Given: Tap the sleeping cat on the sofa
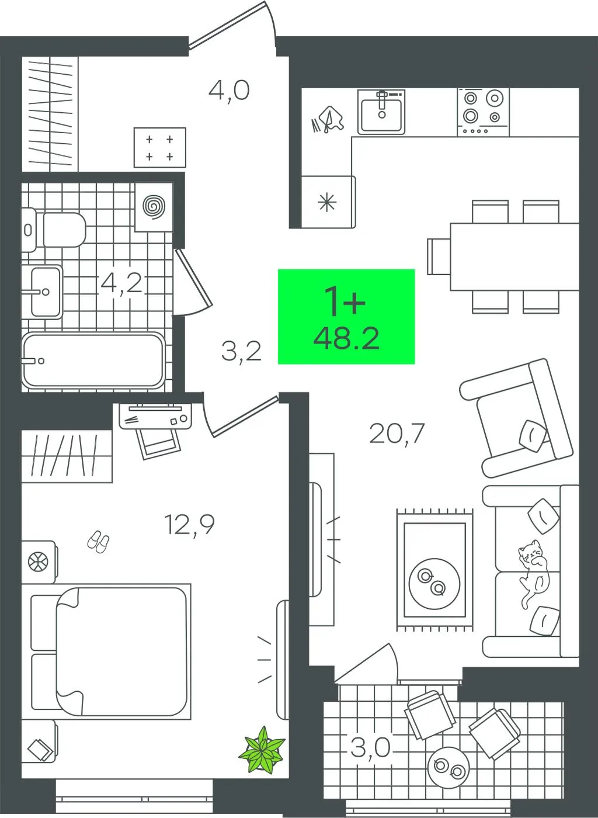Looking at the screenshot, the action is pyautogui.click(x=534, y=574).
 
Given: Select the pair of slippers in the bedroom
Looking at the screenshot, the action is pyautogui.click(x=98, y=541).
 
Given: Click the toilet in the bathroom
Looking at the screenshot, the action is pyautogui.click(x=54, y=230).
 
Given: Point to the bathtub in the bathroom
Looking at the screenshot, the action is pyautogui.click(x=93, y=361).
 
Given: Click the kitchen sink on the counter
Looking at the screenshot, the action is pyautogui.click(x=381, y=112).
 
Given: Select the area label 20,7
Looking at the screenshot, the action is pyautogui.click(x=397, y=434).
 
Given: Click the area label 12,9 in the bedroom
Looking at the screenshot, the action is pyautogui.click(x=189, y=525).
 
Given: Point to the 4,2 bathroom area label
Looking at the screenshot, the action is pyautogui.click(x=121, y=283).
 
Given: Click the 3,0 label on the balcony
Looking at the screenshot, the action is pyautogui.click(x=371, y=747).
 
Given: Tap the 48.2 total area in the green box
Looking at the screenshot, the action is pyautogui.click(x=346, y=338).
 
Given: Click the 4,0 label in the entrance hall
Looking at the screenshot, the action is pyautogui.click(x=229, y=91).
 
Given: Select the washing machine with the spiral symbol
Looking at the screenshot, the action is pyautogui.click(x=154, y=207).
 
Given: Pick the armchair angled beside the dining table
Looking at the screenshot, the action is pyautogui.click(x=517, y=417).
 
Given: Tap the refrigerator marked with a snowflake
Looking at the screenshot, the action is pyautogui.click(x=328, y=202).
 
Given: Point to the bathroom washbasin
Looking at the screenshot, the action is pyautogui.click(x=41, y=292).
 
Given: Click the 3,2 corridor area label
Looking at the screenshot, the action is pyautogui.click(x=241, y=351).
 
